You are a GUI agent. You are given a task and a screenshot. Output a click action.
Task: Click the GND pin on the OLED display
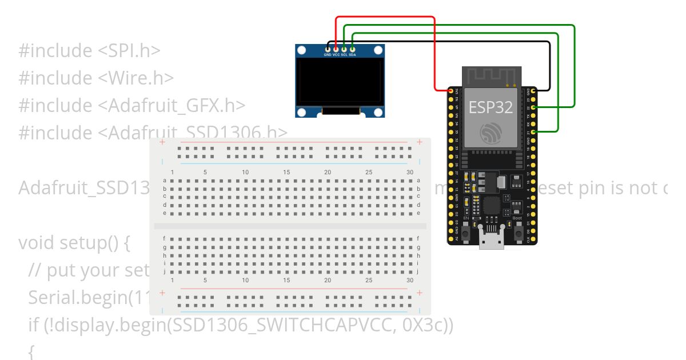coord(328,50)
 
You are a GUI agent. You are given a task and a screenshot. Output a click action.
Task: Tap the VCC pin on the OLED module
coord(336,50)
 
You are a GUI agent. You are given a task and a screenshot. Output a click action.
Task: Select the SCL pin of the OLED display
coord(344,50)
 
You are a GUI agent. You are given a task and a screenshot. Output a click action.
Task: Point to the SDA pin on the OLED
coord(352,50)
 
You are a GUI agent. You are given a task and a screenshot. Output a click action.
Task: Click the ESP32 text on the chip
coord(490,107)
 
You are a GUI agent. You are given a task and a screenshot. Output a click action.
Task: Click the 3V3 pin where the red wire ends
coord(451,91)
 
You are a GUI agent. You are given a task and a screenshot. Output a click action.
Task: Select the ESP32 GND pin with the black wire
coord(533,91)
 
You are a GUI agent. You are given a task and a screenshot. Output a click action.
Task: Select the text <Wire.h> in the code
coord(135,78)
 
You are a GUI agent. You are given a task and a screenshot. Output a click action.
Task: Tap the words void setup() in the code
coord(74,243)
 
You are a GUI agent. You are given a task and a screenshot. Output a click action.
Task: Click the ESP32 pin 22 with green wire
coord(533,107)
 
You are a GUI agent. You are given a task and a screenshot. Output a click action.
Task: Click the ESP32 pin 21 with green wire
coord(533,132)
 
